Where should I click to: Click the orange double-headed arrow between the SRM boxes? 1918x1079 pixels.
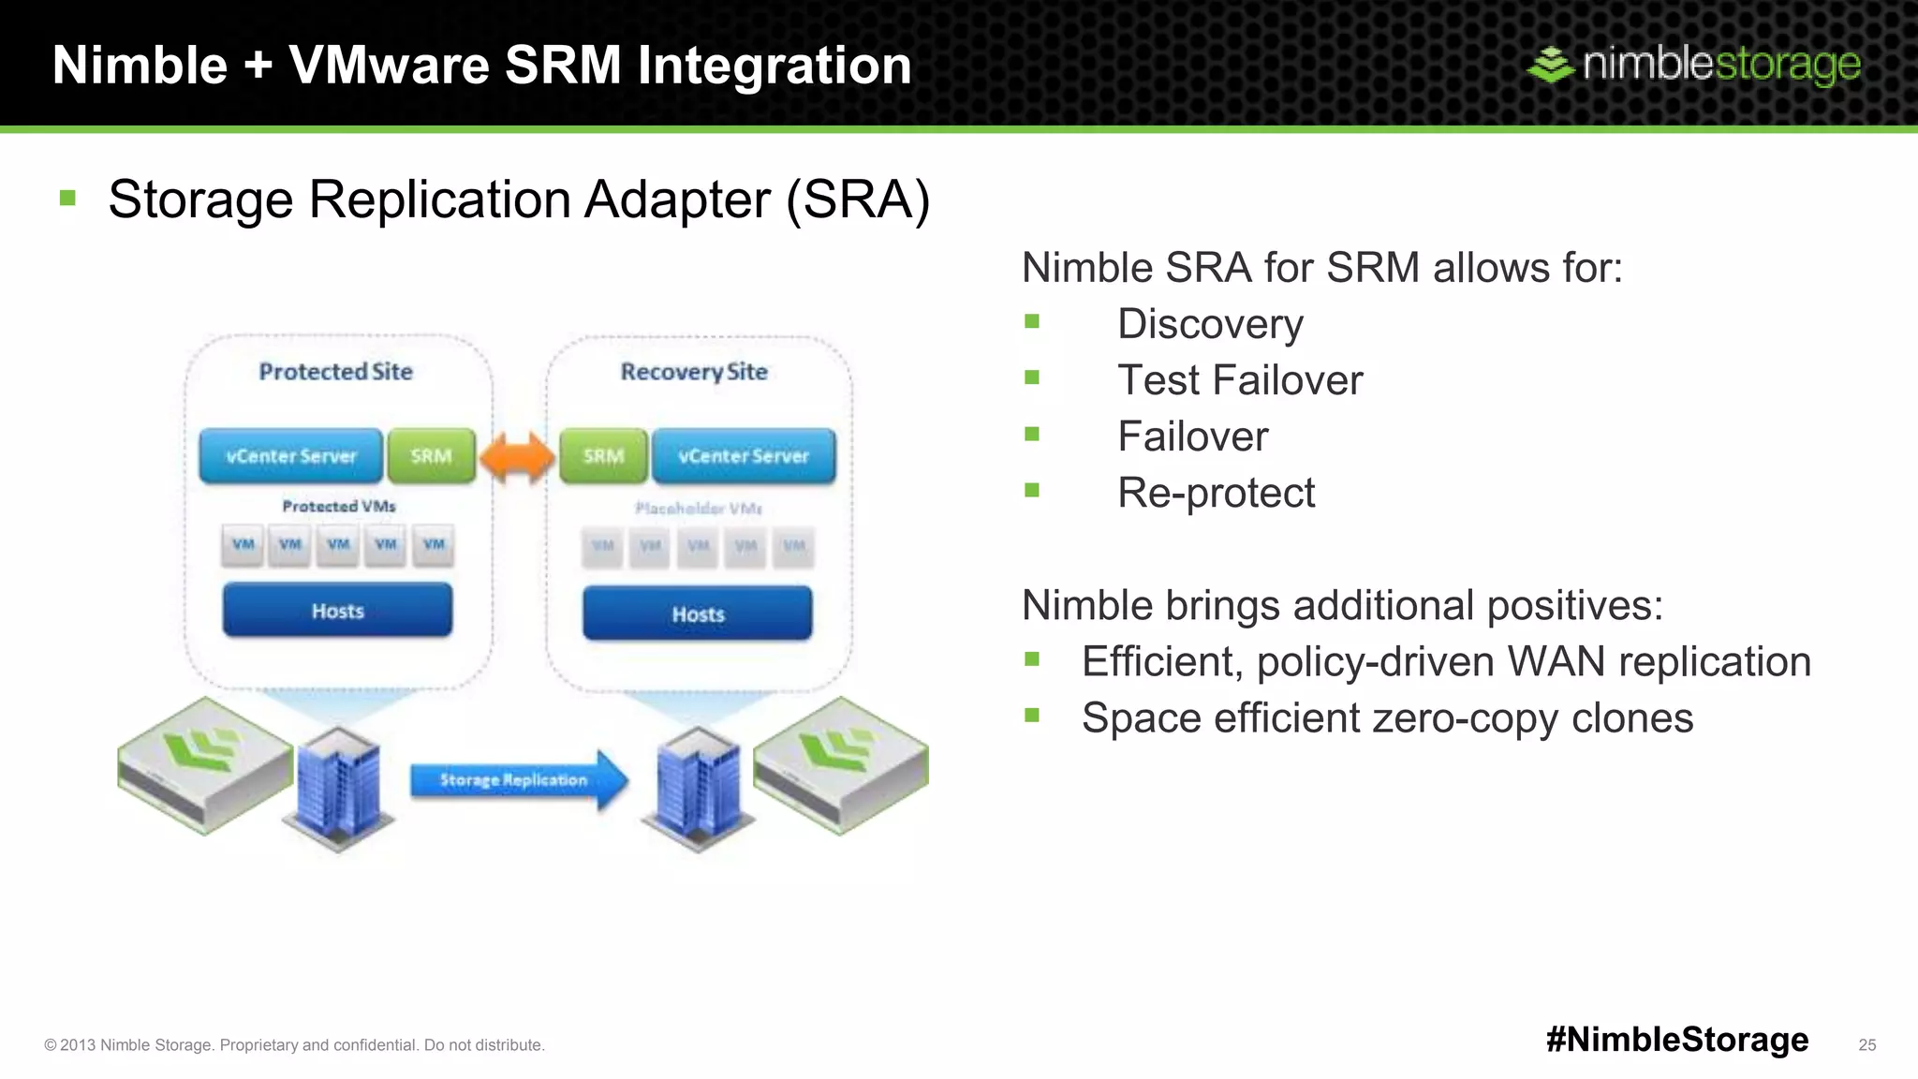tap(517, 457)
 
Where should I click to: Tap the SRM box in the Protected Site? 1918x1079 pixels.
tap(431, 456)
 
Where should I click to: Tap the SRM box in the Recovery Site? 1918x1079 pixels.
tap(603, 456)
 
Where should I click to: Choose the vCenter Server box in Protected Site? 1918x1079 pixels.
tap(291, 456)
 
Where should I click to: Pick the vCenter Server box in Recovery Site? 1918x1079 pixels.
tap(744, 456)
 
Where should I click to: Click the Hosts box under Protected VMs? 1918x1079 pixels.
tap(337, 611)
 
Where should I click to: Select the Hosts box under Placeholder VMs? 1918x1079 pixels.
tap(698, 614)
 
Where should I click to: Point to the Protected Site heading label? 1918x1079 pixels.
tap(335, 372)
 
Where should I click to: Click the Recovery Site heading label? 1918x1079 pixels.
tap(694, 372)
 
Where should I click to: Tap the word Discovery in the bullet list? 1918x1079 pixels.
tap(1210, 324)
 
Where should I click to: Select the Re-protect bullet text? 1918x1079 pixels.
tap(1216, 493)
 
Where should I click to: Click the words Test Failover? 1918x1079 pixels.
tap(1240, 380)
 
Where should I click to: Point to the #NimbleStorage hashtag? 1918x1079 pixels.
tap(1677, 1039)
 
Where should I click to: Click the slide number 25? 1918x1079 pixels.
tap(1866, 1044)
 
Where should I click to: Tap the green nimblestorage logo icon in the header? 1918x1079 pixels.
tap(1551, 65)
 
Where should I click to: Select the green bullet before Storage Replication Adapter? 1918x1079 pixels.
tap(67, 199)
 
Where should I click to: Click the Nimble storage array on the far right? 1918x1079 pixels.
tap(841, 762)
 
